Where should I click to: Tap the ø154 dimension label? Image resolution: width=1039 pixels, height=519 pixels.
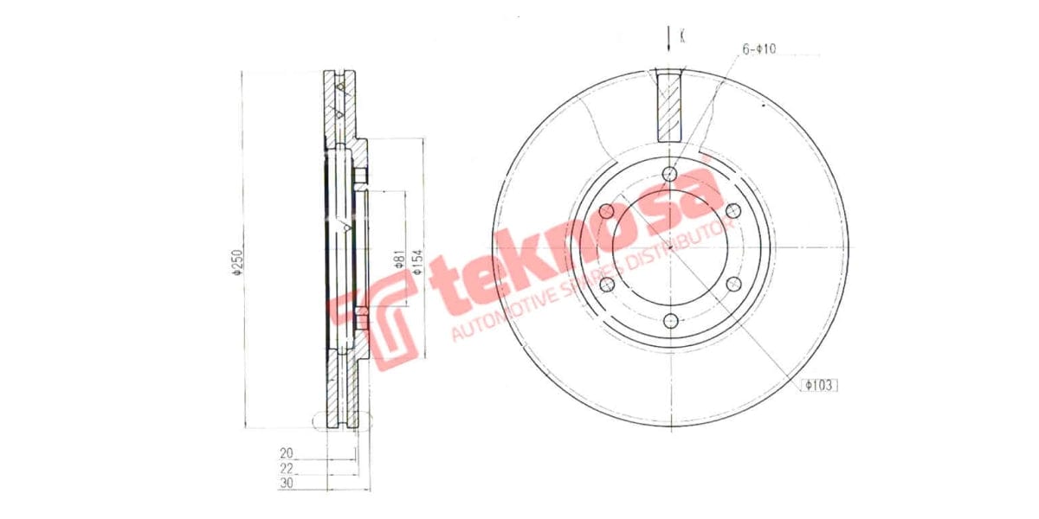coord(416,260)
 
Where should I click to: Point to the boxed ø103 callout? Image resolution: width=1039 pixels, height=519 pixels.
coord(819,385)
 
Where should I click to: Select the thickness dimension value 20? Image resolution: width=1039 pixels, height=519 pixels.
coord(287,452)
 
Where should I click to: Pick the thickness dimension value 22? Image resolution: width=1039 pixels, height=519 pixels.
coord(287,468)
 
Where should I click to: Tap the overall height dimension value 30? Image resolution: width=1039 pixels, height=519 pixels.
coord(287,484)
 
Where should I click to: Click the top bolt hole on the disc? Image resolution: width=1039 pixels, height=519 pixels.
coord(669,174)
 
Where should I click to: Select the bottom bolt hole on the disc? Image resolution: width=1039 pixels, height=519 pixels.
coord(669,321)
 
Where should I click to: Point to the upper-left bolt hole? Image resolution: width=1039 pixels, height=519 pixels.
coord(606,211)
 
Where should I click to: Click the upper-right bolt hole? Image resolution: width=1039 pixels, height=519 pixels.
coord(732,211)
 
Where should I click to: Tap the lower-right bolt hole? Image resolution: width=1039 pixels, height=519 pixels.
coord(732,284)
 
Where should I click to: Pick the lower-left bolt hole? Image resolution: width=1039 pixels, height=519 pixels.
coord(606,285)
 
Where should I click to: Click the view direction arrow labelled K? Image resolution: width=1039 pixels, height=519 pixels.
coord(669,37)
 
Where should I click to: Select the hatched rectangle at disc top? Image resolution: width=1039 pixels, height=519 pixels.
coord(669,107)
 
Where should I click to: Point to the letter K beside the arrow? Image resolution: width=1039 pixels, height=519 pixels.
coord(683,36)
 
